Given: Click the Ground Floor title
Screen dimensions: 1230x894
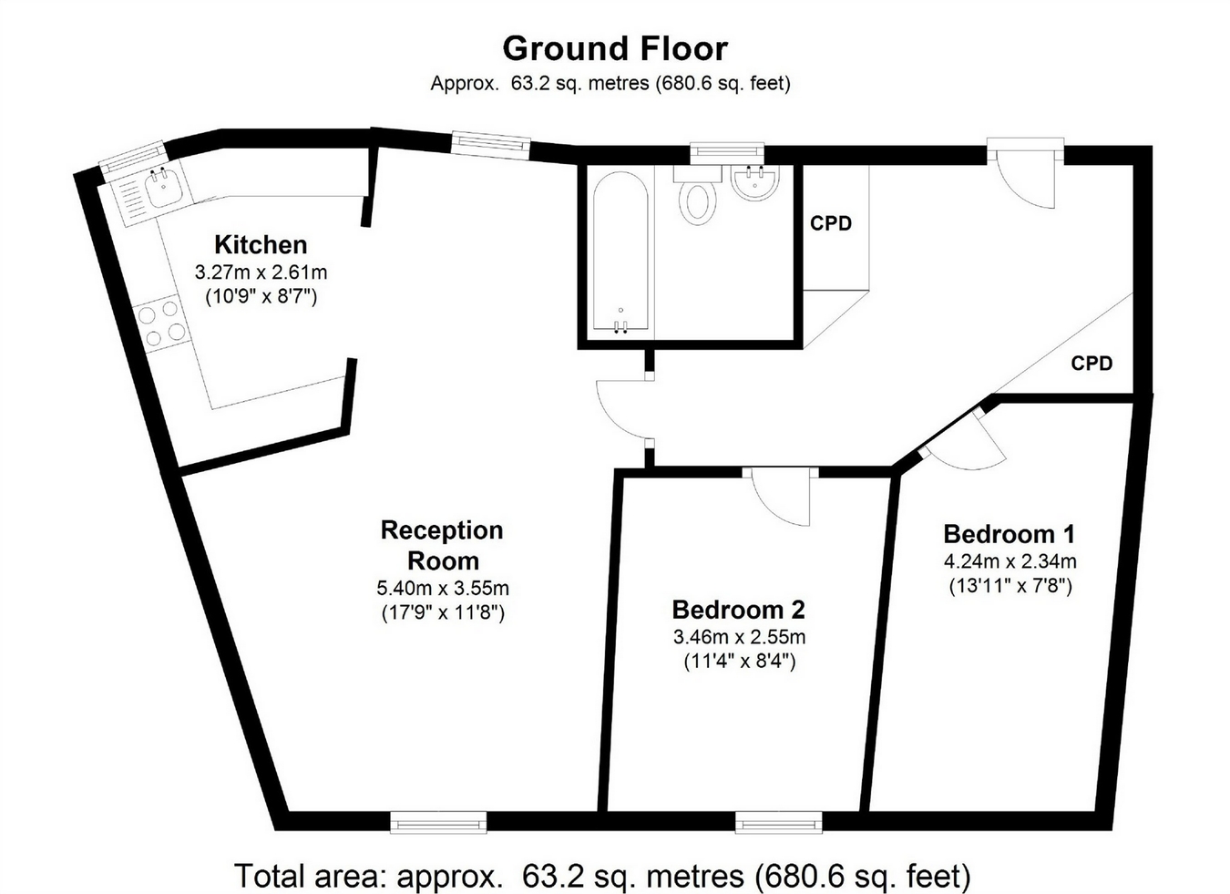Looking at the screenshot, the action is (615, 49).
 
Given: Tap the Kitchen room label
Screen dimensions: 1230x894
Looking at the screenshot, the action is (261, 245).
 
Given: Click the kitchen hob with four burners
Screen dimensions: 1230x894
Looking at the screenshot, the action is (163, 324).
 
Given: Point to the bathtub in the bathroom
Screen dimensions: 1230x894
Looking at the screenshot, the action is (620, 252).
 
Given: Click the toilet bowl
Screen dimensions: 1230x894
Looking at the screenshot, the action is (698, 201).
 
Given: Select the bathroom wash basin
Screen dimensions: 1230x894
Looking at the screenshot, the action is (755, 183).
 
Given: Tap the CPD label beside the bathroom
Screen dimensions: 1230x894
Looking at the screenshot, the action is (831, 223).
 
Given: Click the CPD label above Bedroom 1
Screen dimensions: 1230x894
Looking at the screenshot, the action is (1092, 363).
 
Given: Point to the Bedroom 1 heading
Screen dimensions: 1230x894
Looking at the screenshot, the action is (1010, 534).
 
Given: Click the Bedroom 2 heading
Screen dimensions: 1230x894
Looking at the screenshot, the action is (739, 610).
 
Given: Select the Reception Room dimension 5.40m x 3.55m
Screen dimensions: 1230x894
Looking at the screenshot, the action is (443, 588).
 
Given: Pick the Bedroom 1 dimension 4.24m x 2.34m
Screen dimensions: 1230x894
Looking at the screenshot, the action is (1010, 561).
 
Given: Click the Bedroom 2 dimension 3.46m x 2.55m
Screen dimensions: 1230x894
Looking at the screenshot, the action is (739, 637).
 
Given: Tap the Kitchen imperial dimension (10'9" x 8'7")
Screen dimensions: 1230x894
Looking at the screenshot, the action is (261, 297).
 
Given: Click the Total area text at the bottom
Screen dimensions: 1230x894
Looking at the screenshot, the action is (602, 876).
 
